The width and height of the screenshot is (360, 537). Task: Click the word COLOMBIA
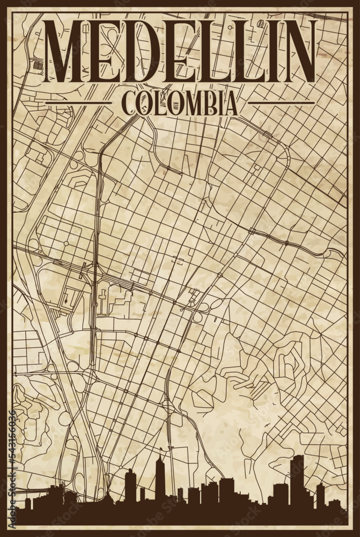point(180,103)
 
